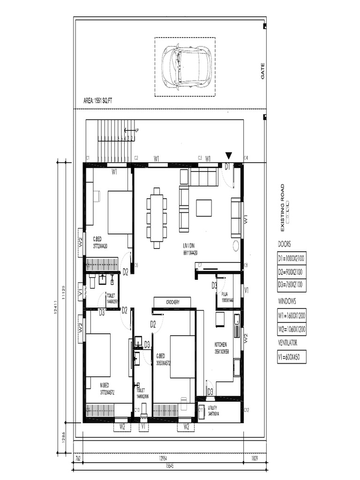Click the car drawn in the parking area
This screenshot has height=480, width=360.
[x=185, y=67]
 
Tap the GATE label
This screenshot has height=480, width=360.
[x=262, y=71]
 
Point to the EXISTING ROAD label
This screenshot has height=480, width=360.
[x=282, y=208]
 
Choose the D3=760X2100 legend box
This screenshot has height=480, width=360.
[x=292, y=285]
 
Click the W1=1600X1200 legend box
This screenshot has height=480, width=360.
[x=292, y=315]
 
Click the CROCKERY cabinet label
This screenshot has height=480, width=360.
[x=172, y=303]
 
